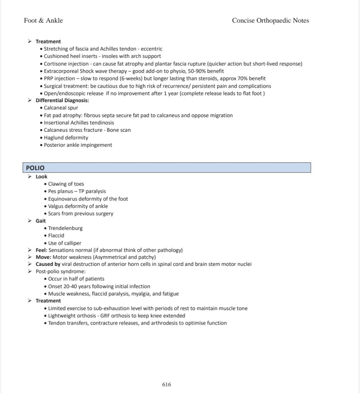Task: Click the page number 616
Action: [x=167, y=384]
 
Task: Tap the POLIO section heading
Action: [x=35, y=168]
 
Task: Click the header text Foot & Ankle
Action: [x=43, y=21]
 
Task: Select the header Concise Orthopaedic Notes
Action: [x=270, y=21]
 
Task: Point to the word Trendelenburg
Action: [x=65, y=228]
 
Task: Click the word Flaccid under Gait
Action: [x=56, y=235]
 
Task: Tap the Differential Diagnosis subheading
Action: [x=62, y=101]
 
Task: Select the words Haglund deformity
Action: [x=66, y=138]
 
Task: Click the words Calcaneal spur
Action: [x=61, y=108]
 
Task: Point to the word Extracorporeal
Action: [x=61, y=71]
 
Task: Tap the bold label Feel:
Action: [x=41, y=250]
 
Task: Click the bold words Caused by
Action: [x=48, y=264]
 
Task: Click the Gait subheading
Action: [x=41, y=221]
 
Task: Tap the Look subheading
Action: [x=42, y=177]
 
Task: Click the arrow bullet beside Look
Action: [x=30, y=177]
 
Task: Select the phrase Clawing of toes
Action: [x=66, y=184]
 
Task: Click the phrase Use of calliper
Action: [x=65, y=243]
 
